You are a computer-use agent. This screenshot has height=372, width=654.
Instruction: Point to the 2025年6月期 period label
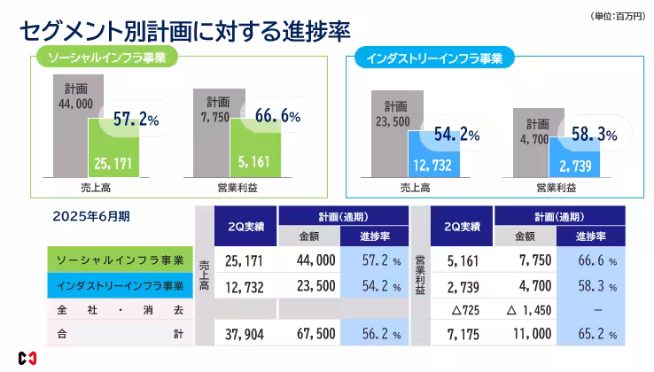[x=91, y=215]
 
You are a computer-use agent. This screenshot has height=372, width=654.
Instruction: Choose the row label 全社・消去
[x=120, y=311]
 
